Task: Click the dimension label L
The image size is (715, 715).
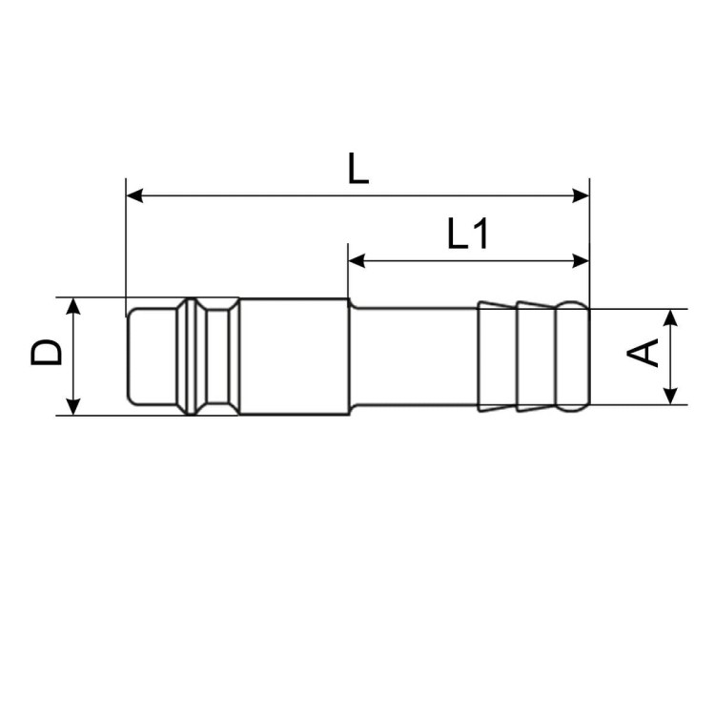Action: click(x=357, y=169)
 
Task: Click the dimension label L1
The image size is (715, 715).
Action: click(x=468, y=234)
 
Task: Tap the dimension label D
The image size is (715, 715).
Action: click(x=46, y=352)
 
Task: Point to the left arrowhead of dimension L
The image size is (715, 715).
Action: click(x=134, y=195)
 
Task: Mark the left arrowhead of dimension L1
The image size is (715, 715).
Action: click(x=357, y=259)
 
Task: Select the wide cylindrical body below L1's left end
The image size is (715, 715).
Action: click(x=293, y=357)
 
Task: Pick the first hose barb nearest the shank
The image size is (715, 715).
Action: click(x=497, y=357)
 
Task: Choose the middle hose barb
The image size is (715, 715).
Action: click(x=536, y=357)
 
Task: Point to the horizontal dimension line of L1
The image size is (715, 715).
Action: click(x=467, y=259)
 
